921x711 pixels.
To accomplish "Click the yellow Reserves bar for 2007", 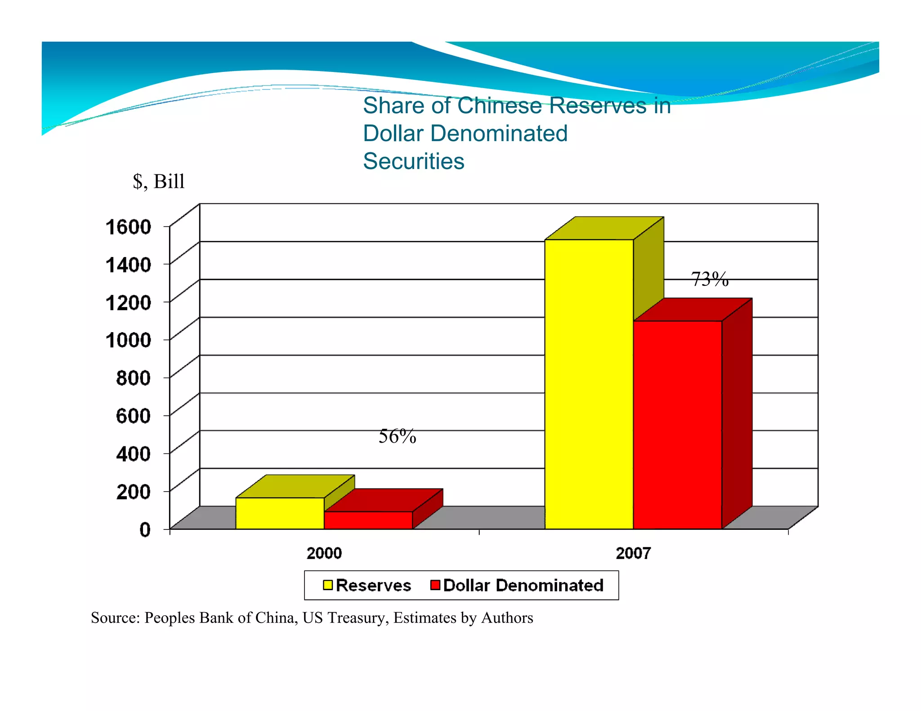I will (589, 384).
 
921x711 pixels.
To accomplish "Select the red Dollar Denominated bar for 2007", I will (678, 425).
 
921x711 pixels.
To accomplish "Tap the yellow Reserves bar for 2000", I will (280, 513).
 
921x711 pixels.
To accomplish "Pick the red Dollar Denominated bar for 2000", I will (368, 520).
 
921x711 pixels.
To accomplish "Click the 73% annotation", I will (709, 279).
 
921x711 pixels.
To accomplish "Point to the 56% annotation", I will (397, 436).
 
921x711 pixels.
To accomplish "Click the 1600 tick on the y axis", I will (128, 227).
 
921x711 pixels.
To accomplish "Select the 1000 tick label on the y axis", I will (128, 340).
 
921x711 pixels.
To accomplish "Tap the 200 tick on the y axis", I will (133, 491).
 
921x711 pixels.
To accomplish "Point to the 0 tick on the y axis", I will (145, 529).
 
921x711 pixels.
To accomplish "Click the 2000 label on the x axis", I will (324, 553).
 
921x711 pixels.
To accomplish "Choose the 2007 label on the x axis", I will (633, 553).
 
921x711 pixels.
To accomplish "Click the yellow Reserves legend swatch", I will (327, 585).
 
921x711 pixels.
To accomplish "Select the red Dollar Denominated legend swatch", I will (435, 585).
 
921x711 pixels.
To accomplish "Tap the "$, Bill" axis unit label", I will (159, 181).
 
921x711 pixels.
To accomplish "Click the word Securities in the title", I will (413, 161).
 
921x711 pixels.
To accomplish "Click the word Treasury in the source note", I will (357, 618).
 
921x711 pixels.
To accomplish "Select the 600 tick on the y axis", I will (133, 416).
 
